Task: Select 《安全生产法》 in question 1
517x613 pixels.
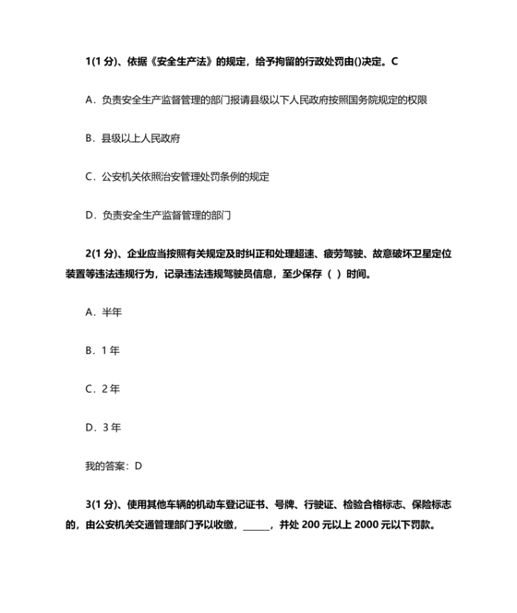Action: click(185, 61)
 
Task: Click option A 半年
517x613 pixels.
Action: click(103, 312)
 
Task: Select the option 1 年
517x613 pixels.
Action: click(102, 350)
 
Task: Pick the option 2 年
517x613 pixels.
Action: click(102, 388)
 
